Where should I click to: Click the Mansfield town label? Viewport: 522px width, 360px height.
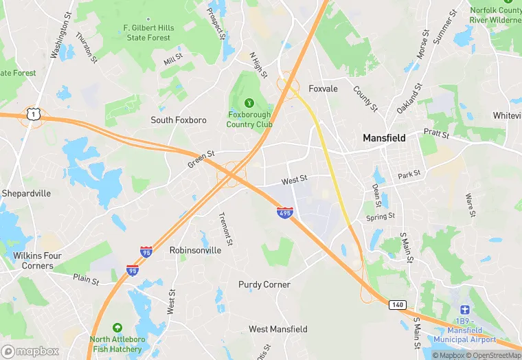384,138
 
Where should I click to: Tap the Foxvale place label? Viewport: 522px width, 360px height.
323,89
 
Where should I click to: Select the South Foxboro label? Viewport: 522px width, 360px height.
179,120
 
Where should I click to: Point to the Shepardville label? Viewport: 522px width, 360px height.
26,194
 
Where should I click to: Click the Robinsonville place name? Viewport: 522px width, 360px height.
195,251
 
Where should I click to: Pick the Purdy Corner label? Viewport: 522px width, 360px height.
264,284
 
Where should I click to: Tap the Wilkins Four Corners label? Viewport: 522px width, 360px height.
37,261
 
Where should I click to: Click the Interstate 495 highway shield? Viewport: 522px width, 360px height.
285,212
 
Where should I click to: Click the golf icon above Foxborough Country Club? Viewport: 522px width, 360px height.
249,102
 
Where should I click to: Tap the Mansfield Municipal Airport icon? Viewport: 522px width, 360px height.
464,310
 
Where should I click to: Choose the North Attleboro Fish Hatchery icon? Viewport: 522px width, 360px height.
117,328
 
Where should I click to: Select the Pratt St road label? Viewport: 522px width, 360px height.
435,132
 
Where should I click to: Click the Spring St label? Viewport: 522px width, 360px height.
381,217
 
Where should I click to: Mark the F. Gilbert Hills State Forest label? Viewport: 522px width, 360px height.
148,32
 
